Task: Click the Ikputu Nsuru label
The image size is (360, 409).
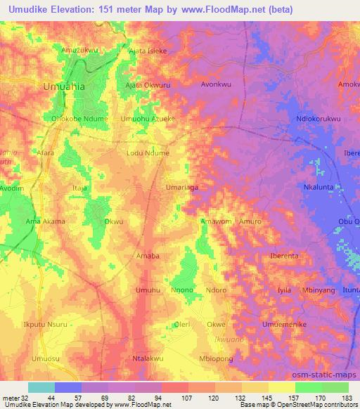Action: click(x=46, y=324)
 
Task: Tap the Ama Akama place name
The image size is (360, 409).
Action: click(x=46, y=221)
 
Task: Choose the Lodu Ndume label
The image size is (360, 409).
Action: click(x=148, y=152)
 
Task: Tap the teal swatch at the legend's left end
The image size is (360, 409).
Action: click(x=41, y=387)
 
